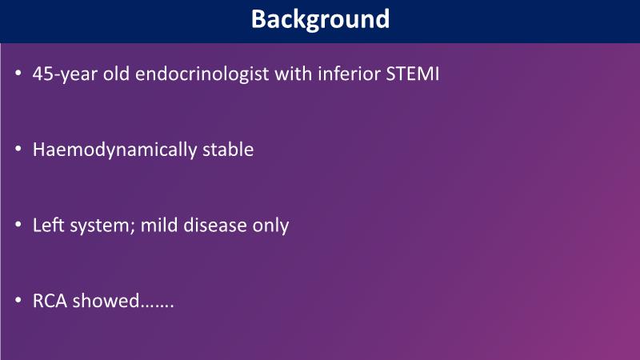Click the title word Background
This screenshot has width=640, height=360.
(x=321, y=19)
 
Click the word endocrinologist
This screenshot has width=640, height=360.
(x=202, y=74)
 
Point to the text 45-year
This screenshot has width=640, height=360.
(x=65, y=74)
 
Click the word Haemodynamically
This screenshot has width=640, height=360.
(x=114, y=150)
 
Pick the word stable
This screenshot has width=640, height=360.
(x=228, y=150)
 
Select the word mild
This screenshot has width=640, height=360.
(x=159, y=226)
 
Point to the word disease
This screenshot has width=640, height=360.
(x=215, y=226)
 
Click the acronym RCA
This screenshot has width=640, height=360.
(x=50, y=302)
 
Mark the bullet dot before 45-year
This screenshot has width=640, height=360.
(x=18, y=74)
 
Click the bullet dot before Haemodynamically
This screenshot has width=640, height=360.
(x=18, y=149)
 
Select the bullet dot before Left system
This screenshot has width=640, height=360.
(x=18, y=225)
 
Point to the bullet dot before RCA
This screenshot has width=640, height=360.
(x=18, y=301)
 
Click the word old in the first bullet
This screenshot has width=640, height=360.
(x=116, y=74)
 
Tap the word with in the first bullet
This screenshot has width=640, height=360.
(x=294, y=74)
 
